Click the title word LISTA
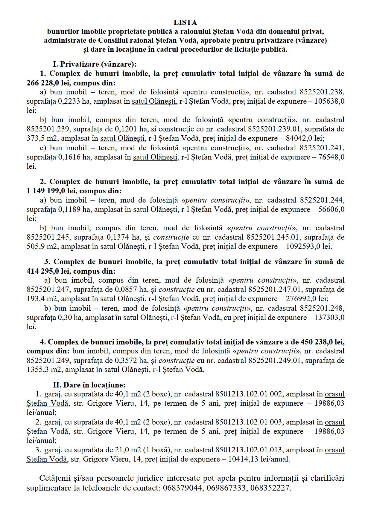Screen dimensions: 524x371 tap(185, 22)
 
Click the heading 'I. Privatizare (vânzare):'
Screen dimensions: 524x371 tap(95, 64)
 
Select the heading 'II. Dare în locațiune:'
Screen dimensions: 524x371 tap(89, 385)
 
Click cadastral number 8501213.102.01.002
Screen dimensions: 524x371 tap(249, 394)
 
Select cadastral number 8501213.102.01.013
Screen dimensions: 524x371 tap(249, 450)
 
